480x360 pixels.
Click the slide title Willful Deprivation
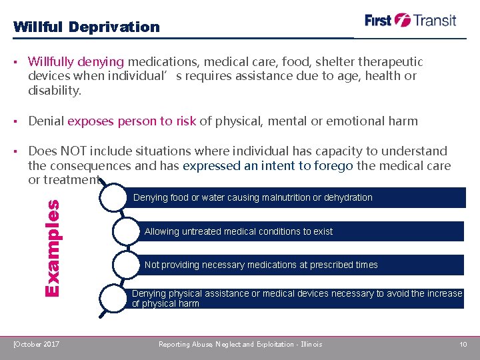[x=87, y=27]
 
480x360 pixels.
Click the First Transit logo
[x=411, y=20]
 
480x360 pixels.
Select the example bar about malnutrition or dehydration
[x=293, y=197]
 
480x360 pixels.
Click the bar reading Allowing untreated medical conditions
[x=293, y=231]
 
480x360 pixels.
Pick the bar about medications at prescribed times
[x=293, y=265]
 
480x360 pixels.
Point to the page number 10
[x=463, y=344]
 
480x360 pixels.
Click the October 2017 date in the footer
[x=37, y=344]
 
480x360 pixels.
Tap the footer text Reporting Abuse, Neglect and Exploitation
[x=240, y=344]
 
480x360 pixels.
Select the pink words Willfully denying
[x=76, y=62]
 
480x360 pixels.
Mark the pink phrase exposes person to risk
[x=131, y=121]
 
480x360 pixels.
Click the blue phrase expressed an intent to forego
[x=267, y=165]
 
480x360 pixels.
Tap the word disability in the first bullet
[x=55, y=90]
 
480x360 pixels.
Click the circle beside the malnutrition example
[x=114, y=198]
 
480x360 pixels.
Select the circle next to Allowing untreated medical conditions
[x=127, y=231]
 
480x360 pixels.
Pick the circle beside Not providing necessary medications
[x=127, y=265]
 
